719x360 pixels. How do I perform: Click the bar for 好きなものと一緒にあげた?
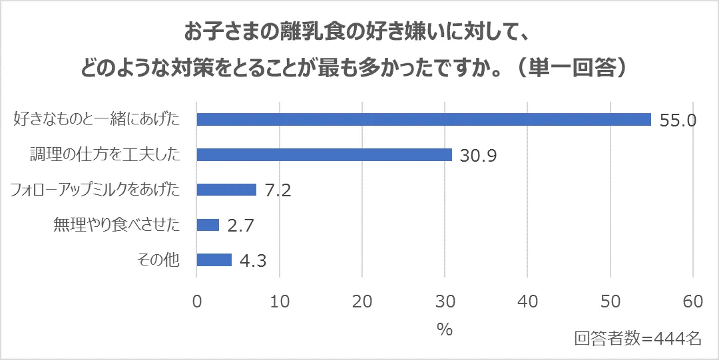423,120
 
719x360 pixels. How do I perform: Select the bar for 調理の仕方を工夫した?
324,154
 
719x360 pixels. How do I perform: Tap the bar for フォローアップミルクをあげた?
226,190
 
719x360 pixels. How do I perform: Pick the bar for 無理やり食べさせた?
208,225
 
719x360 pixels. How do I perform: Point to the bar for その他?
214,260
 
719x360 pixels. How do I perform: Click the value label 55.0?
678,120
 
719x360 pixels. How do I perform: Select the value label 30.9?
479,156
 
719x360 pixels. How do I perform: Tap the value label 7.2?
278,190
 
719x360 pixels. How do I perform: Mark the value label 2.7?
241,226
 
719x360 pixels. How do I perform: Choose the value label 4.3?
253,260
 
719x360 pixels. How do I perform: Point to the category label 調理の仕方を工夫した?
105,154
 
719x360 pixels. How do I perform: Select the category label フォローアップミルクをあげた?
95,190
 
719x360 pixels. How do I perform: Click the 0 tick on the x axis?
197,301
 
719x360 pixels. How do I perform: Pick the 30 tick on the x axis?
445,301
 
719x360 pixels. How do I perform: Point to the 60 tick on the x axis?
693,301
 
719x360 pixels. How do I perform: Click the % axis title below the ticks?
445,329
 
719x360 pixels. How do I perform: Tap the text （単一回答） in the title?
573,68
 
